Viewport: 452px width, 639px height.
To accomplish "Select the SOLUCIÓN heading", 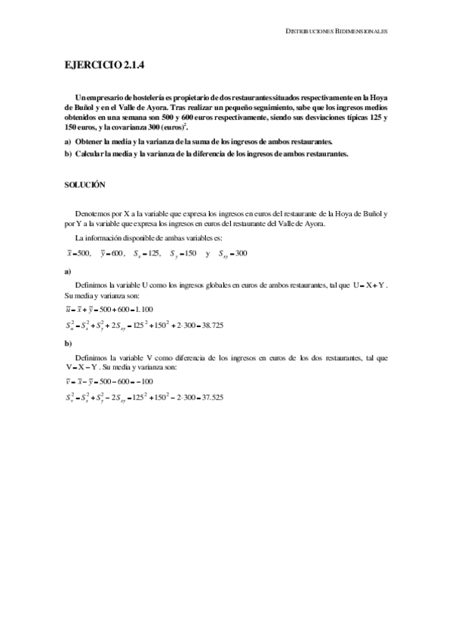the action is click(x=85, y=184).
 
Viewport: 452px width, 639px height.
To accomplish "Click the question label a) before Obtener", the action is click(x=68, y=142).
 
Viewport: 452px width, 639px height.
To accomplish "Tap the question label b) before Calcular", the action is click(x=68, y=154).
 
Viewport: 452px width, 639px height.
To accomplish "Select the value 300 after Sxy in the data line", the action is click(x=241, y=253).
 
